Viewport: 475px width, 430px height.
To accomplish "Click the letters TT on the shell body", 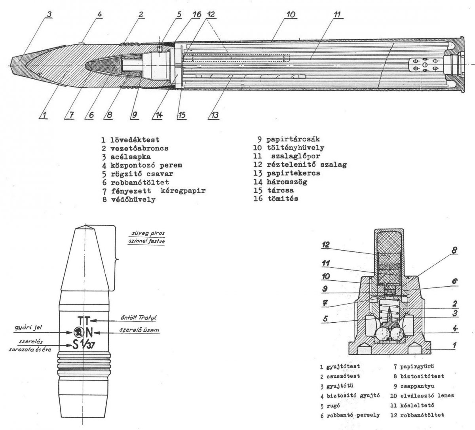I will pos(84,320).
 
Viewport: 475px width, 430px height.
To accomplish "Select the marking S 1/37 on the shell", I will pos(84,345).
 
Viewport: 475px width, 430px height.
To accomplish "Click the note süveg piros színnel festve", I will pos(145,236).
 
